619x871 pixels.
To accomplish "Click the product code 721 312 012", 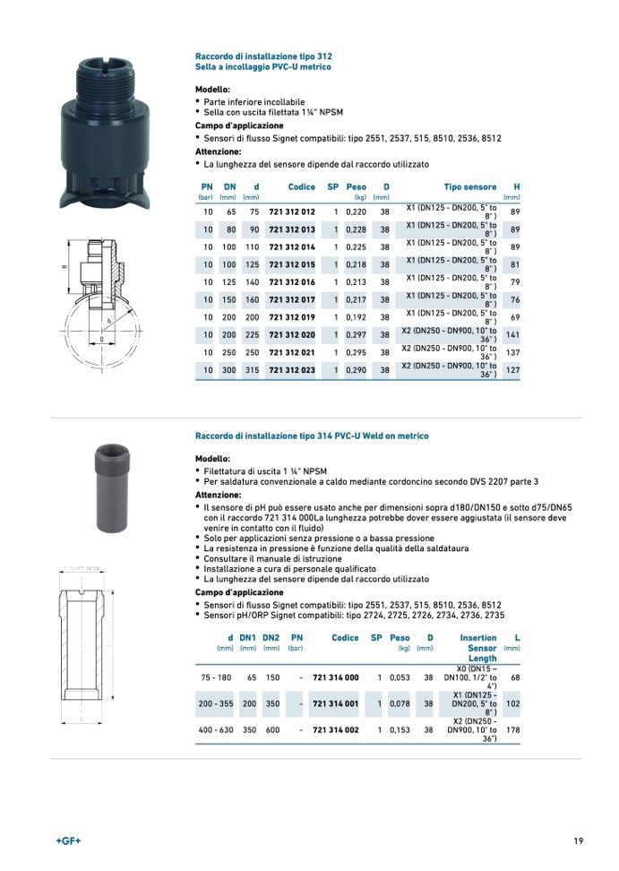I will (x=292, y=212).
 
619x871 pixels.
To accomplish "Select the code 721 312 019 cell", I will (x=292, y=317).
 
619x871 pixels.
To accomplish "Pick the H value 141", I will (x=512, y=335).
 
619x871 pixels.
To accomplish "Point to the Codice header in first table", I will (x=301, y=187).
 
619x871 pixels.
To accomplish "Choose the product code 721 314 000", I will (x=335, y=677).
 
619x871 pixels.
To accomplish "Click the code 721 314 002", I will (x=335, y=730).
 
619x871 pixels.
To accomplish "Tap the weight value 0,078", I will (x=400, y=704).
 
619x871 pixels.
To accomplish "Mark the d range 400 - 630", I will (x=215, y=730).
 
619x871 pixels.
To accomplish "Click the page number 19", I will (x=579, y=841).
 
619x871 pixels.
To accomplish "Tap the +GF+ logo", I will (x=69, y=841).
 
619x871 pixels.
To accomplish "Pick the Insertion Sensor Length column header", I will (x=479, y=648).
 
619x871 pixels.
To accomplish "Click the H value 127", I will (x=512, y=370).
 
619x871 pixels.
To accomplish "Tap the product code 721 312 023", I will (x=292, y=370).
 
